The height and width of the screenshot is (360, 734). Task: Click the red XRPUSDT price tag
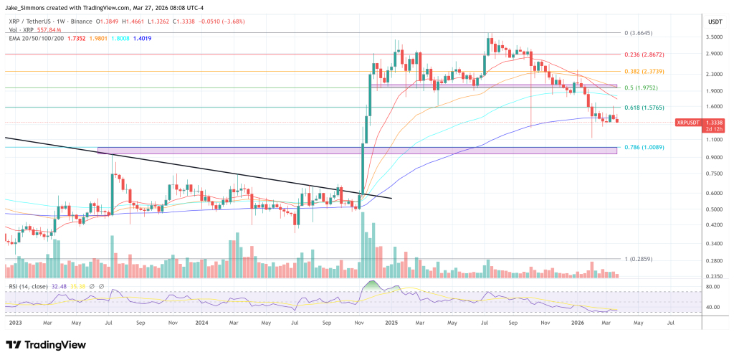(x=691, y=123)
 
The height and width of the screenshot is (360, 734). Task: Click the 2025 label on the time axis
(x=391, y=323)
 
